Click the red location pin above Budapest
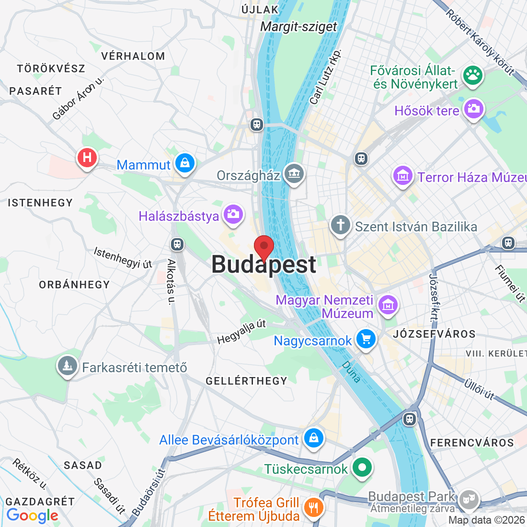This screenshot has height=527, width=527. click(x=263, y=247)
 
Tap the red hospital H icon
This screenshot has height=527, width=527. click(x=87, y=157)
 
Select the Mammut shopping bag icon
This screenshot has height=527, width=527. click(x=185, y=163)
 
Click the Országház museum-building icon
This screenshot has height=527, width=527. click(x=294, y=174)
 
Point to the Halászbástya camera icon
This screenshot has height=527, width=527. click(x=233, y=214)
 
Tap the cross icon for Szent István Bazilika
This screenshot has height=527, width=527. click(x=341, y=225)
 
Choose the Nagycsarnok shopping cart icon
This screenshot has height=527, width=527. click(x=366, y=339)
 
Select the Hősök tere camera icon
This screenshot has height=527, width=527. click(x=474, y=109)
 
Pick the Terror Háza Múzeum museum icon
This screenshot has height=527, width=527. click(x=403, y=176)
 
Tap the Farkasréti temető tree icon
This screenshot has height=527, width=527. click(x=68, y=366)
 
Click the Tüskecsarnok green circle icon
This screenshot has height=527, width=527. click(x=362, y=467)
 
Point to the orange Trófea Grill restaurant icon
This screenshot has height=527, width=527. click(x=313, y=507)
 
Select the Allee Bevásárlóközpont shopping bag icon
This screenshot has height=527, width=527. click(x=313, y=438)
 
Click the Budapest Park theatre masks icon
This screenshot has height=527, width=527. click(x=468, y=500)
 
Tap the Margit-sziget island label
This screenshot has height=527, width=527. click(x=298, y=27)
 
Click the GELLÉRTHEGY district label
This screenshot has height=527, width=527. click(x=246, y=381)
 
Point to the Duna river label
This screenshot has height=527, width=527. click(x=351, y=371)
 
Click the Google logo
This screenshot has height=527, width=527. click(x=33, y=516)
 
